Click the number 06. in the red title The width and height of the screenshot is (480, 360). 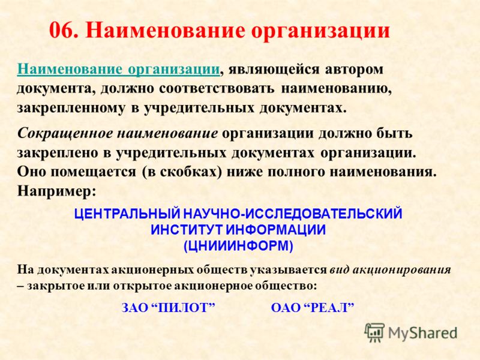click(x=64, y=31)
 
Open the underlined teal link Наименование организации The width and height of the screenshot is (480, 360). click(x=118, y=69)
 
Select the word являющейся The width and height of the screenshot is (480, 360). click(x=274, y=70)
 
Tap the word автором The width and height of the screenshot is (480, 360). click(x=354, y=70)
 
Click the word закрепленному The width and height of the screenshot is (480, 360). click(x=71, y=109)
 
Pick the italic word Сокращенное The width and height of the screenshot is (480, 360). click(x=65, y=133)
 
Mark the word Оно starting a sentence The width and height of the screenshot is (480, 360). click(x=32, y=172)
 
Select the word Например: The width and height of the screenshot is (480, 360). click(x=56, y=191)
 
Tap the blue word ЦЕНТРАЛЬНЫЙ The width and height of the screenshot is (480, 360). click(x=127, y=214)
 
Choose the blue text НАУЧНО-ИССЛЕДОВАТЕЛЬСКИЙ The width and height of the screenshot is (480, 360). click(x=292, y=214)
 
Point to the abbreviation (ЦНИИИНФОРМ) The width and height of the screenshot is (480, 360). click(x=238, y=246)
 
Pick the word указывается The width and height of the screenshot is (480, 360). click(x=289, y=269)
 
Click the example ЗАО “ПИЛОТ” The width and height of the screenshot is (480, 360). click(x=169, y=307)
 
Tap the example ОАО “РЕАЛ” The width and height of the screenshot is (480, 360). click(x=313, y=307)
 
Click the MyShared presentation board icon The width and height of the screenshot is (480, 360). click(x=374, y=332)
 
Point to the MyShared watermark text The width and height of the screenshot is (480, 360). click(x=423, y=333)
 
